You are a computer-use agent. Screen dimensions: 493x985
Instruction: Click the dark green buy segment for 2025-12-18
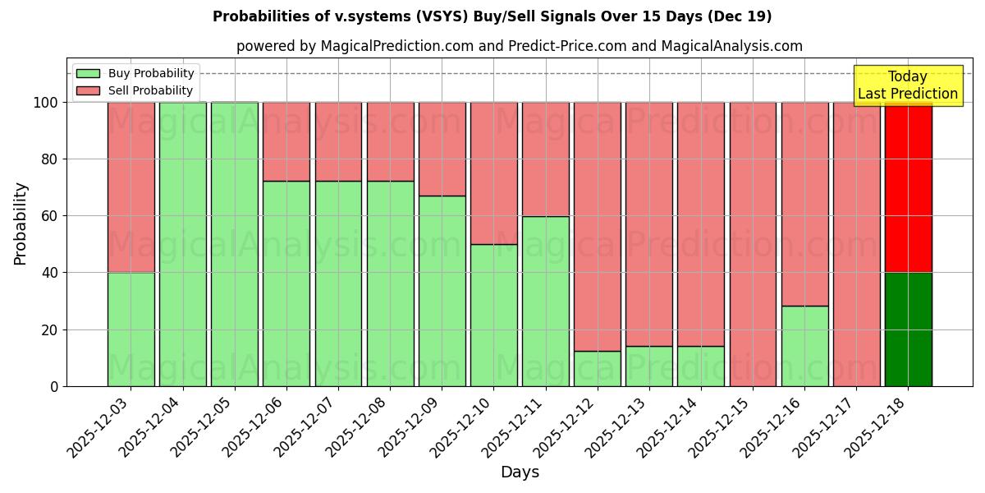coord(908,329)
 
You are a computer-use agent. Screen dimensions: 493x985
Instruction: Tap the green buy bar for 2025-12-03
coord(131,329)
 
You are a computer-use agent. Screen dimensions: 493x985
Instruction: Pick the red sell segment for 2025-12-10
coord(493,173)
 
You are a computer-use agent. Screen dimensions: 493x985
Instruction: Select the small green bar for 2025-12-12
coord(598,369)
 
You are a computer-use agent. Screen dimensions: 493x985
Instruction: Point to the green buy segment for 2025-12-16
coord(804,346)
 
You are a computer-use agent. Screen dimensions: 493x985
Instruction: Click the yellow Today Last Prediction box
coord(908,85)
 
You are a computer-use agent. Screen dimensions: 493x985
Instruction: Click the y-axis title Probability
coord(21,223)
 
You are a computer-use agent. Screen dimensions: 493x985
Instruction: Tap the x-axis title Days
coord(520,472)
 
